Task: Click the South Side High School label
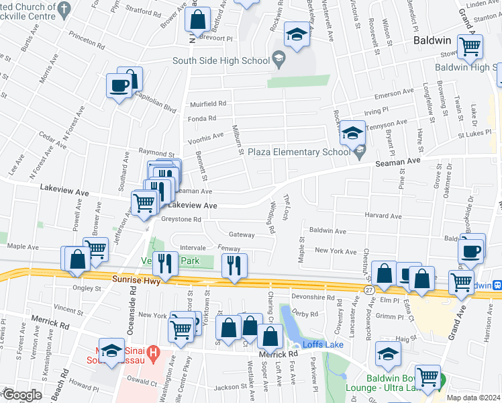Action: pyautogui.click(x=211, y=60)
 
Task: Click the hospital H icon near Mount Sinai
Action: pyautogui.click(x=153, y=351)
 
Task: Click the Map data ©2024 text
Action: pyautogui.click(x=473, y=398)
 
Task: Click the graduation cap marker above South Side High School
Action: pyautogui.click(x=296, y=34)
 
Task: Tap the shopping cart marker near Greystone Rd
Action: pyautogui.click(x=144, y=202)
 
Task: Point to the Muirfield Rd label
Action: pyautogui.click(x=207, y=104)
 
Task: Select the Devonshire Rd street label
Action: pyautogui.click(x=313, y=297)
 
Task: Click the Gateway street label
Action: pyautogui.click(x=242, y=235)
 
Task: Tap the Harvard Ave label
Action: pyautogui.click(x=383, y=216)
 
